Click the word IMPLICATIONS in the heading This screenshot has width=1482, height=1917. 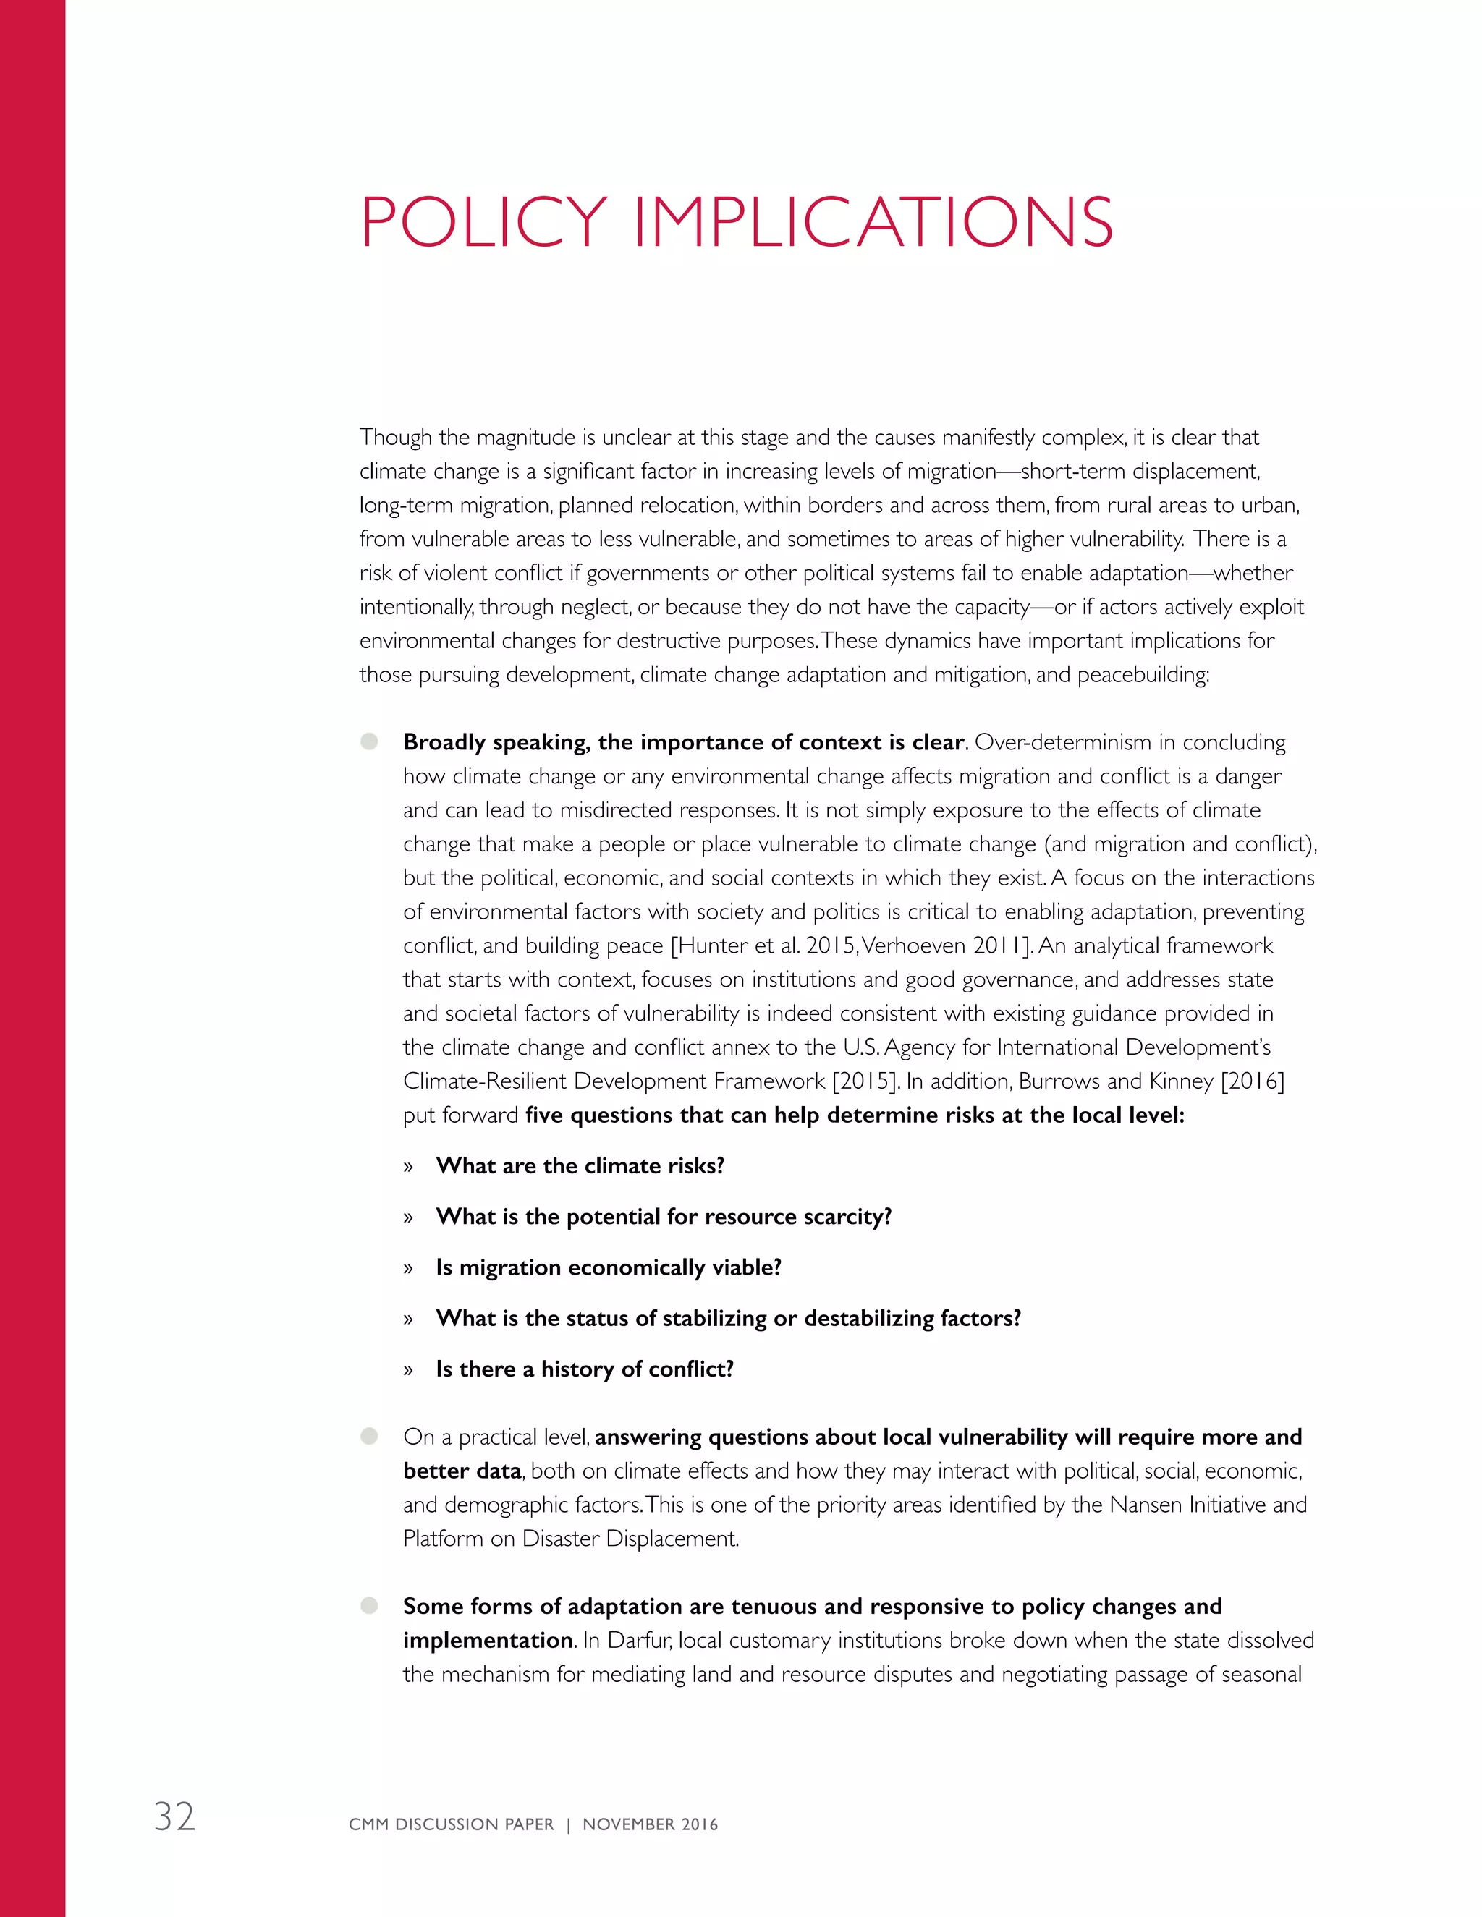pos(873,223)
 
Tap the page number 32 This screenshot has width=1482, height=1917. pos(174,1816)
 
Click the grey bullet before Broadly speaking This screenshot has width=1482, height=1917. pos(370,741)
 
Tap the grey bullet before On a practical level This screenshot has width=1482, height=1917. pos(370,1436)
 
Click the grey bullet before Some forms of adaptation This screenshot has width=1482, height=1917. pos(370,1605)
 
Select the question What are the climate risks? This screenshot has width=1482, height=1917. pos(580,1165)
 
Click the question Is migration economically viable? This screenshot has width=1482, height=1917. pos(609,1267)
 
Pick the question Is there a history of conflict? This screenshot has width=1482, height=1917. pos(585,1369)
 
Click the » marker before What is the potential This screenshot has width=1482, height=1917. pos(408,1217)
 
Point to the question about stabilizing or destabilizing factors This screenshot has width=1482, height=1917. pos(728,1318)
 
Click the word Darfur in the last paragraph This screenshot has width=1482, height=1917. pos(638,1640)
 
